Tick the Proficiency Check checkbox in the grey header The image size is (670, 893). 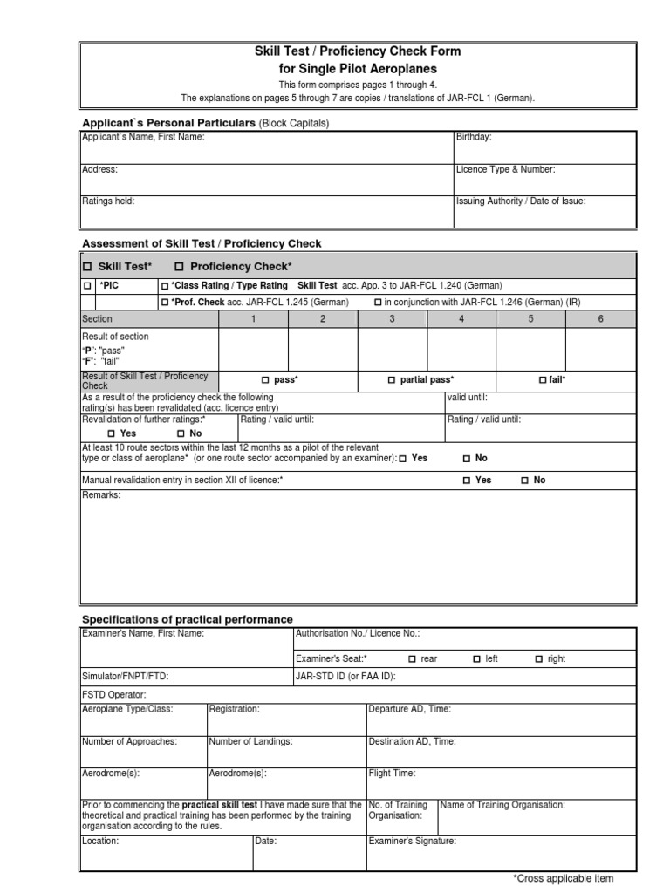(x=180, y=267)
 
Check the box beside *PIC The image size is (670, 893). (x=86, y=286)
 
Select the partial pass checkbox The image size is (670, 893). (x=392, y=380)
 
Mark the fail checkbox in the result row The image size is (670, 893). (x=543, y=380)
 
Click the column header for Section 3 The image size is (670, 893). (x=392, y=319)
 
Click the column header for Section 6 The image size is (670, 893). (x=600, y=319)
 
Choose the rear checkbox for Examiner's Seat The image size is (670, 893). (x=414, y=659)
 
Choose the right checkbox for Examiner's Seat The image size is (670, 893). (x=539, y=659)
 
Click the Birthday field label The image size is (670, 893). (x=474, y=137)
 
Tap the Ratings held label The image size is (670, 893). (x=108, y=201)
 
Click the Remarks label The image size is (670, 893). (x=101, y=495)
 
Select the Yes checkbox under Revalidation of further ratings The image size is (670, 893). (x=112, y=433)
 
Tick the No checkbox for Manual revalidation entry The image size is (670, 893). (x=525, y=481)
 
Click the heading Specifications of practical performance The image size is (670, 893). (x=187, y=619)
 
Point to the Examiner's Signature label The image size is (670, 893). (x=412, y=842)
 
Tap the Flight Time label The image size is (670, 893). (x=392, y=773)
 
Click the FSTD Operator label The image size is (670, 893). (x=114, y=694)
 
